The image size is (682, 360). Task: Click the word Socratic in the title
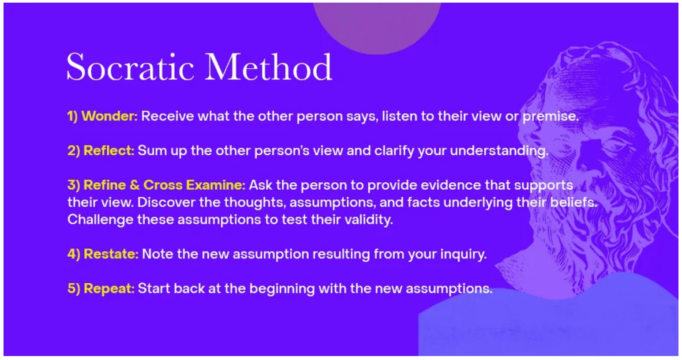[x=130, y=67]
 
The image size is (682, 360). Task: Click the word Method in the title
[x=268, y=67]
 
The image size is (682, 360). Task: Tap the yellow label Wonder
[x=109, y=116]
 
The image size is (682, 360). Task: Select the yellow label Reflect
[x=109, y=150]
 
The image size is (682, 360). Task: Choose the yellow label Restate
[x=111, y=254]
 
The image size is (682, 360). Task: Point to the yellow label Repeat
[x=109, y=289]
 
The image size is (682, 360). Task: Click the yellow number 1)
[x=72, y=116]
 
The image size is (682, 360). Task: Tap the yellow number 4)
[x=74, y=254]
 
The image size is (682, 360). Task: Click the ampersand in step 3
[x=134, y=185]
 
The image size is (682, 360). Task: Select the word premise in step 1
[x=551, y=116]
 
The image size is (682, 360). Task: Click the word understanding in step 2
[x=499, y=151]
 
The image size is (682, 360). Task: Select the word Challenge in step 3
[x=100, y=220]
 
